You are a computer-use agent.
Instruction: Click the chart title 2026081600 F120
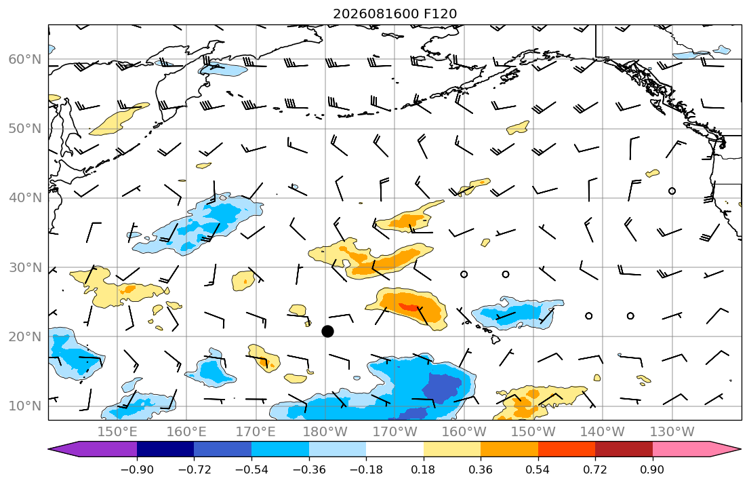click(x=394, y=14)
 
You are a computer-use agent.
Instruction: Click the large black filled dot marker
click(x=327, y=331)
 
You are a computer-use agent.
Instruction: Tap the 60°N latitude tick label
click(x=25, y=59)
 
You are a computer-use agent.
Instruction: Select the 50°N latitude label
click(x=25, y=129)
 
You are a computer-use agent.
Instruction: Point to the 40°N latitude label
click(x=25, y=197)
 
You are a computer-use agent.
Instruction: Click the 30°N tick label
click(x=25, y=267)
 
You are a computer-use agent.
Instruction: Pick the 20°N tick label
click(x=25, y=336)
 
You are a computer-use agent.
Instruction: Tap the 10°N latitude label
click(x=25, y=406)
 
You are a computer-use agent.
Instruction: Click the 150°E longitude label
click(x=117, y=432)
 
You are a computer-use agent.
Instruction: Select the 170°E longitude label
click(x=256, y=432)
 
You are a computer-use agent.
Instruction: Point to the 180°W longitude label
click(x=325, y=432)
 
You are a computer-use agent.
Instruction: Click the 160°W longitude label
click(x=464, y=432)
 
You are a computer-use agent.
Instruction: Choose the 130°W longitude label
click(x=672, y=432)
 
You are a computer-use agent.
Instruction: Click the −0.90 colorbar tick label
click(x=137, y=469)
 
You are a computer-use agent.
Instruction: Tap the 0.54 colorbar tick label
click(x=538, y=469)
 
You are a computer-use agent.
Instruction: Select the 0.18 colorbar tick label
click(x=423, y=469)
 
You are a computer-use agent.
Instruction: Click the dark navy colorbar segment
click(x=165, y=449)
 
